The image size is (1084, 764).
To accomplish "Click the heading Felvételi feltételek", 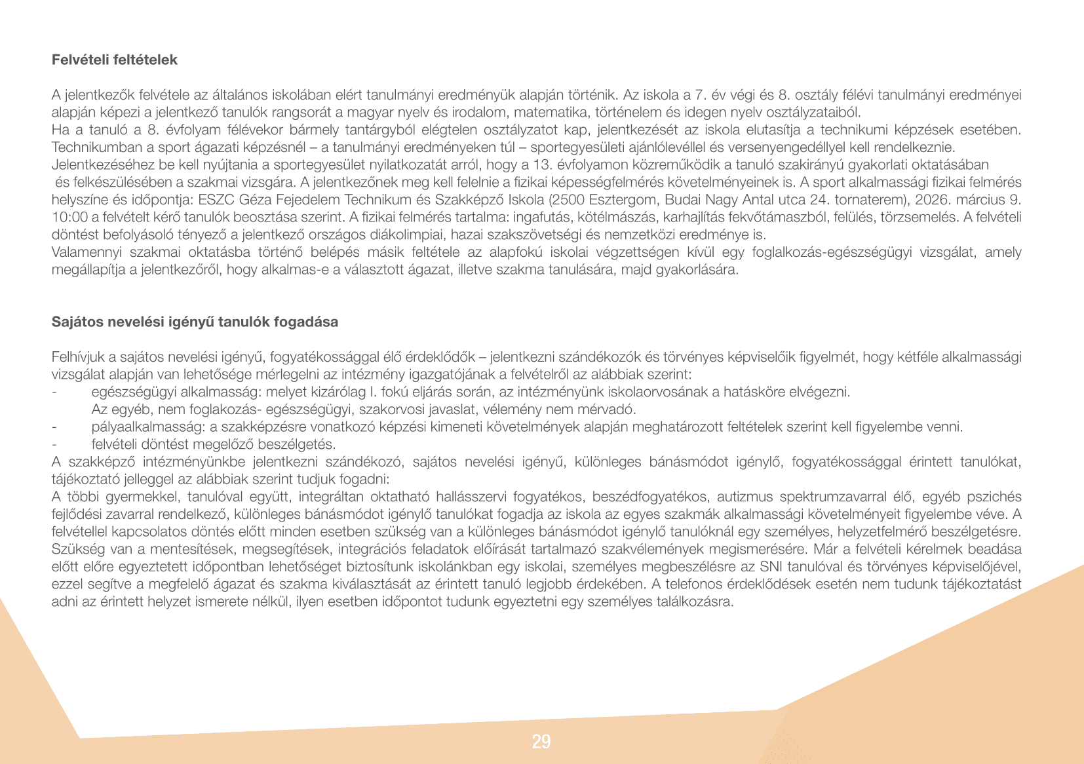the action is point(115,60).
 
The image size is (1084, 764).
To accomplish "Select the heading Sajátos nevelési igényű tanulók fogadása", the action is point(195,322).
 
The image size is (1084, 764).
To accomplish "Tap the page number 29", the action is point(541,742).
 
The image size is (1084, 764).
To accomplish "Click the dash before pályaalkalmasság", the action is point(54,427).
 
